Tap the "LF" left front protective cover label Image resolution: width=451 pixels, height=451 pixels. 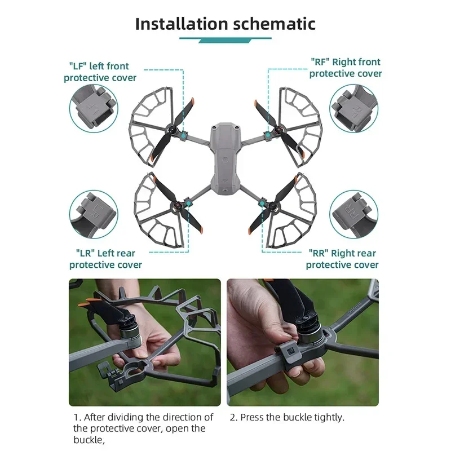(x=100, y=72)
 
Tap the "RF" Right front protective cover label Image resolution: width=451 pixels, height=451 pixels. (x=345, y=68)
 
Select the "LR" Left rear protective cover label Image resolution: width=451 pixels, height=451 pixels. (x=105, y=259)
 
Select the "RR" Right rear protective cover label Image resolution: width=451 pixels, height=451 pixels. (x=342, y=259)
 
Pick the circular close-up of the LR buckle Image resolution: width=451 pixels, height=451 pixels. (x=93, y=214)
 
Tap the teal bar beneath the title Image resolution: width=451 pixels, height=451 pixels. (x=225, y=39)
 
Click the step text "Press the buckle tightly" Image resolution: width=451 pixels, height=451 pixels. (x=286, y=418)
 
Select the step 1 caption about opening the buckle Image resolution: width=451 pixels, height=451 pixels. (x=144, y=428)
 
